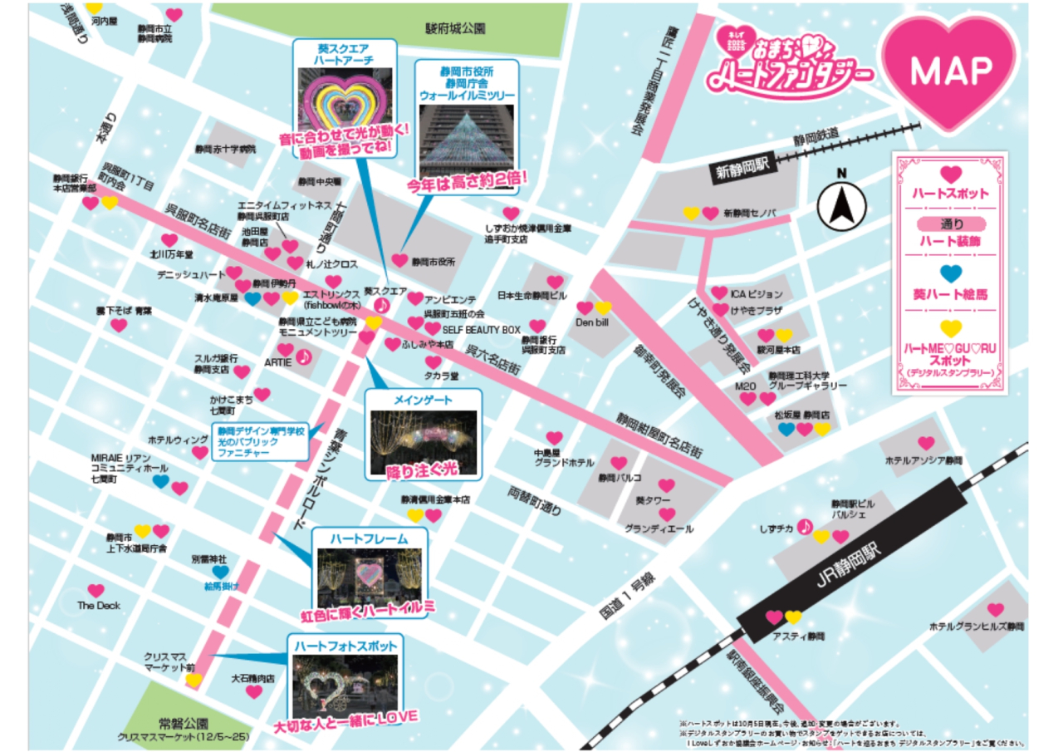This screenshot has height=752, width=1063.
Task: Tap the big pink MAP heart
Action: pos(950,72)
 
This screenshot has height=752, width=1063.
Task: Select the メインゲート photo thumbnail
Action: pos(424,442)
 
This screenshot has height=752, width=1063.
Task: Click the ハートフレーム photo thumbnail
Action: pos(369,578)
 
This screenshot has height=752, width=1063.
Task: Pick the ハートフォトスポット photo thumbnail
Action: pos(345,683)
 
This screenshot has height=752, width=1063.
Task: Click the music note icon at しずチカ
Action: pos(804,527)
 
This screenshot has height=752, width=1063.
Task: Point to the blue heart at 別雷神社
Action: pos(219,572)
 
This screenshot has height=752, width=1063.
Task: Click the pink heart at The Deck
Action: pos(96,591)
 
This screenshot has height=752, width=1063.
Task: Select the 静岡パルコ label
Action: pos(619,479)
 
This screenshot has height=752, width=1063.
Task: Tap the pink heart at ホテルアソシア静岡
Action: pos(926,444)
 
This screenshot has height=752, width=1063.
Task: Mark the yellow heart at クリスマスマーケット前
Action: pos(193,681)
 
